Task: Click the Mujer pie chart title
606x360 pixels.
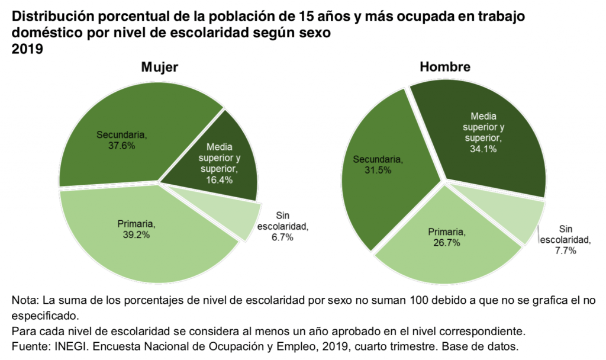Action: click(x=159, y=67)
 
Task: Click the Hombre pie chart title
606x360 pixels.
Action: click(x=445, y=67)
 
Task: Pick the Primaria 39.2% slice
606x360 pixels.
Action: click(x=136, y=237)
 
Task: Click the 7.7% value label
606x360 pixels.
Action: click(x=566, y=250)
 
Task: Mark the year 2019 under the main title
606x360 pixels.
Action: click(x=27, y=49)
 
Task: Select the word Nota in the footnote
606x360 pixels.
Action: click(x=24, y=301)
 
